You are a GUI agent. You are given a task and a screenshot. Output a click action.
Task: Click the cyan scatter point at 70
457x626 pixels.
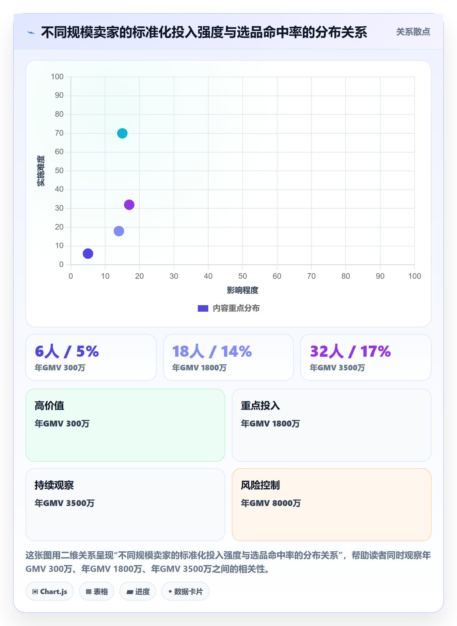coord(122,133)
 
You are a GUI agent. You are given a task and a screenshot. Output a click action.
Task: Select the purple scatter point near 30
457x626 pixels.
coord(129,205)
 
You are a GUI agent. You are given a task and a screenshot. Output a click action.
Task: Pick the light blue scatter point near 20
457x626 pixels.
coord(119,231)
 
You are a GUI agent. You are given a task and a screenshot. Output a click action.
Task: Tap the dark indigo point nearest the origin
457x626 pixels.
coord(88,254)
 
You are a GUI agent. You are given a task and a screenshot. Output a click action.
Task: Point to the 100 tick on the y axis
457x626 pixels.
coord(57,77)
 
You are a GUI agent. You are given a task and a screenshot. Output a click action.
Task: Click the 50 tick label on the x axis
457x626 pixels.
coord(243,276)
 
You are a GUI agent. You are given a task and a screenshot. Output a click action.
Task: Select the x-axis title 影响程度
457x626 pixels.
coord(243,290)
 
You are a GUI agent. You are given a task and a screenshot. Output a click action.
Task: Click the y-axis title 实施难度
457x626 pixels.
coord(41,171)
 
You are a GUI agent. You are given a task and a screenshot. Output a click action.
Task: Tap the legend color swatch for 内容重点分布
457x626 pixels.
coord(203,308)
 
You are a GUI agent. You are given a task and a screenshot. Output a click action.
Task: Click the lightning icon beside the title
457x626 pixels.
coord(31,33)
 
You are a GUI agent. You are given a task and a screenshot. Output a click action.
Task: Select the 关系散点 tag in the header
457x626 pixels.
coord(413,32)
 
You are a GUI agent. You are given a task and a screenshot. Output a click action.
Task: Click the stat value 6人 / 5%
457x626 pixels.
coord(67,351)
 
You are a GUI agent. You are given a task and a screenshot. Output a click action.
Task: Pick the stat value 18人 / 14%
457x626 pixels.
coord(212,351)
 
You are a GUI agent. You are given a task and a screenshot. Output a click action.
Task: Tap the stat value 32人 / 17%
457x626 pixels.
coord(350,351)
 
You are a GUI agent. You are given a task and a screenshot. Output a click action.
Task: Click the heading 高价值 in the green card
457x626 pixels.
coord(49,406)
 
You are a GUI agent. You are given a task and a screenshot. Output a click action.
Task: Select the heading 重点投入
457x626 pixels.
coord(260,406)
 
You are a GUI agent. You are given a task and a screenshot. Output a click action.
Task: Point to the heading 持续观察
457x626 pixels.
coord(54,485)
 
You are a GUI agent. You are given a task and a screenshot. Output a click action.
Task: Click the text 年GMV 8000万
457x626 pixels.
coord(271,503)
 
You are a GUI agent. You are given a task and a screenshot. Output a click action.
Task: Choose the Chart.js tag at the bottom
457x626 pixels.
coord(50,591)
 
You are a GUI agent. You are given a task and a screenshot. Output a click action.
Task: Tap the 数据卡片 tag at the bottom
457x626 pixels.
coord(185,591)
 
